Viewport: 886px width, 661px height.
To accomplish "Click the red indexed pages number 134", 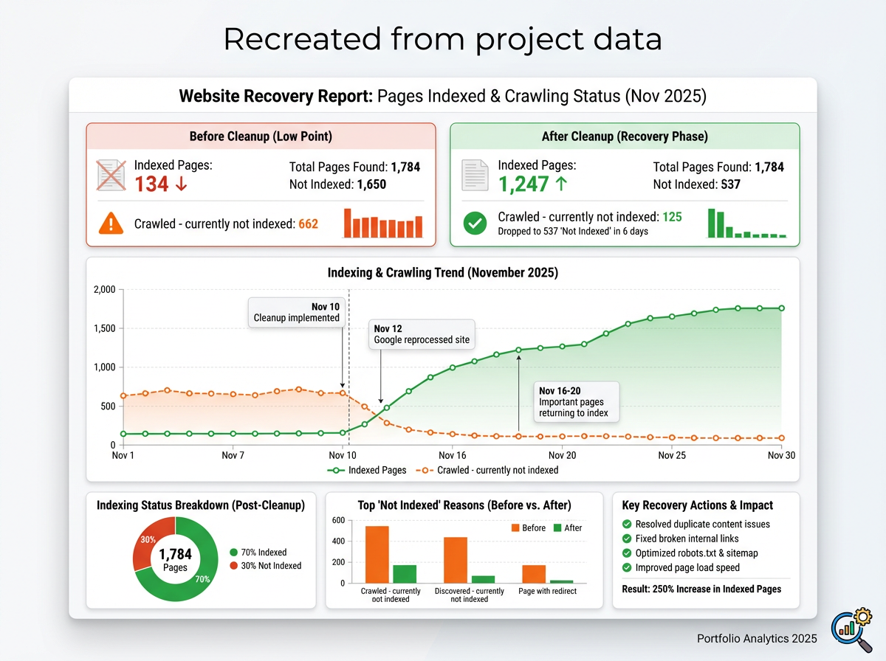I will pyautogui.click(x=151, y=184).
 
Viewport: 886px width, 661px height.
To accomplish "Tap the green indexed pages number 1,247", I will pyautogui.click(x=523, y=184).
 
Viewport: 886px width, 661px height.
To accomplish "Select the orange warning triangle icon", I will pyautogui.click(x=111, y=224).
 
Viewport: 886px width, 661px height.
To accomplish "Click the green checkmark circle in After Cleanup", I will pyautogui.click(x=475, y=224).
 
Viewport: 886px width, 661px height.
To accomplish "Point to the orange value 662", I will pyautogui.click(x=308, y=224).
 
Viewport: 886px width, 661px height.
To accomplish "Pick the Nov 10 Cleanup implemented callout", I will pyautogui.click(x=296, y=312).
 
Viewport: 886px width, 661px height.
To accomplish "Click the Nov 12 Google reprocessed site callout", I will pyautogui.click(x=421, y=334).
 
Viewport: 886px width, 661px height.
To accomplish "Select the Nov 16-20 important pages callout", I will pyautogui.click(x=577, y=402).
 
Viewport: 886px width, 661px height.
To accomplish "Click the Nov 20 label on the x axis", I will pyautogui.click(x=563, y=455).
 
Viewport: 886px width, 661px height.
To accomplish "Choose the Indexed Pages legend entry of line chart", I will pyautogui.click(x=367, y=470).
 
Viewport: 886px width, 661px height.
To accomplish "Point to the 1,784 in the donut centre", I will pyautogui.click(x=175, y=554).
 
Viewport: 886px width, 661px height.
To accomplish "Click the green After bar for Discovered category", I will pyautogui.click(x=483, y=579).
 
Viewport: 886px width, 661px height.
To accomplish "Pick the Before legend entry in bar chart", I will pyautogui.click(x=528, y=527).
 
